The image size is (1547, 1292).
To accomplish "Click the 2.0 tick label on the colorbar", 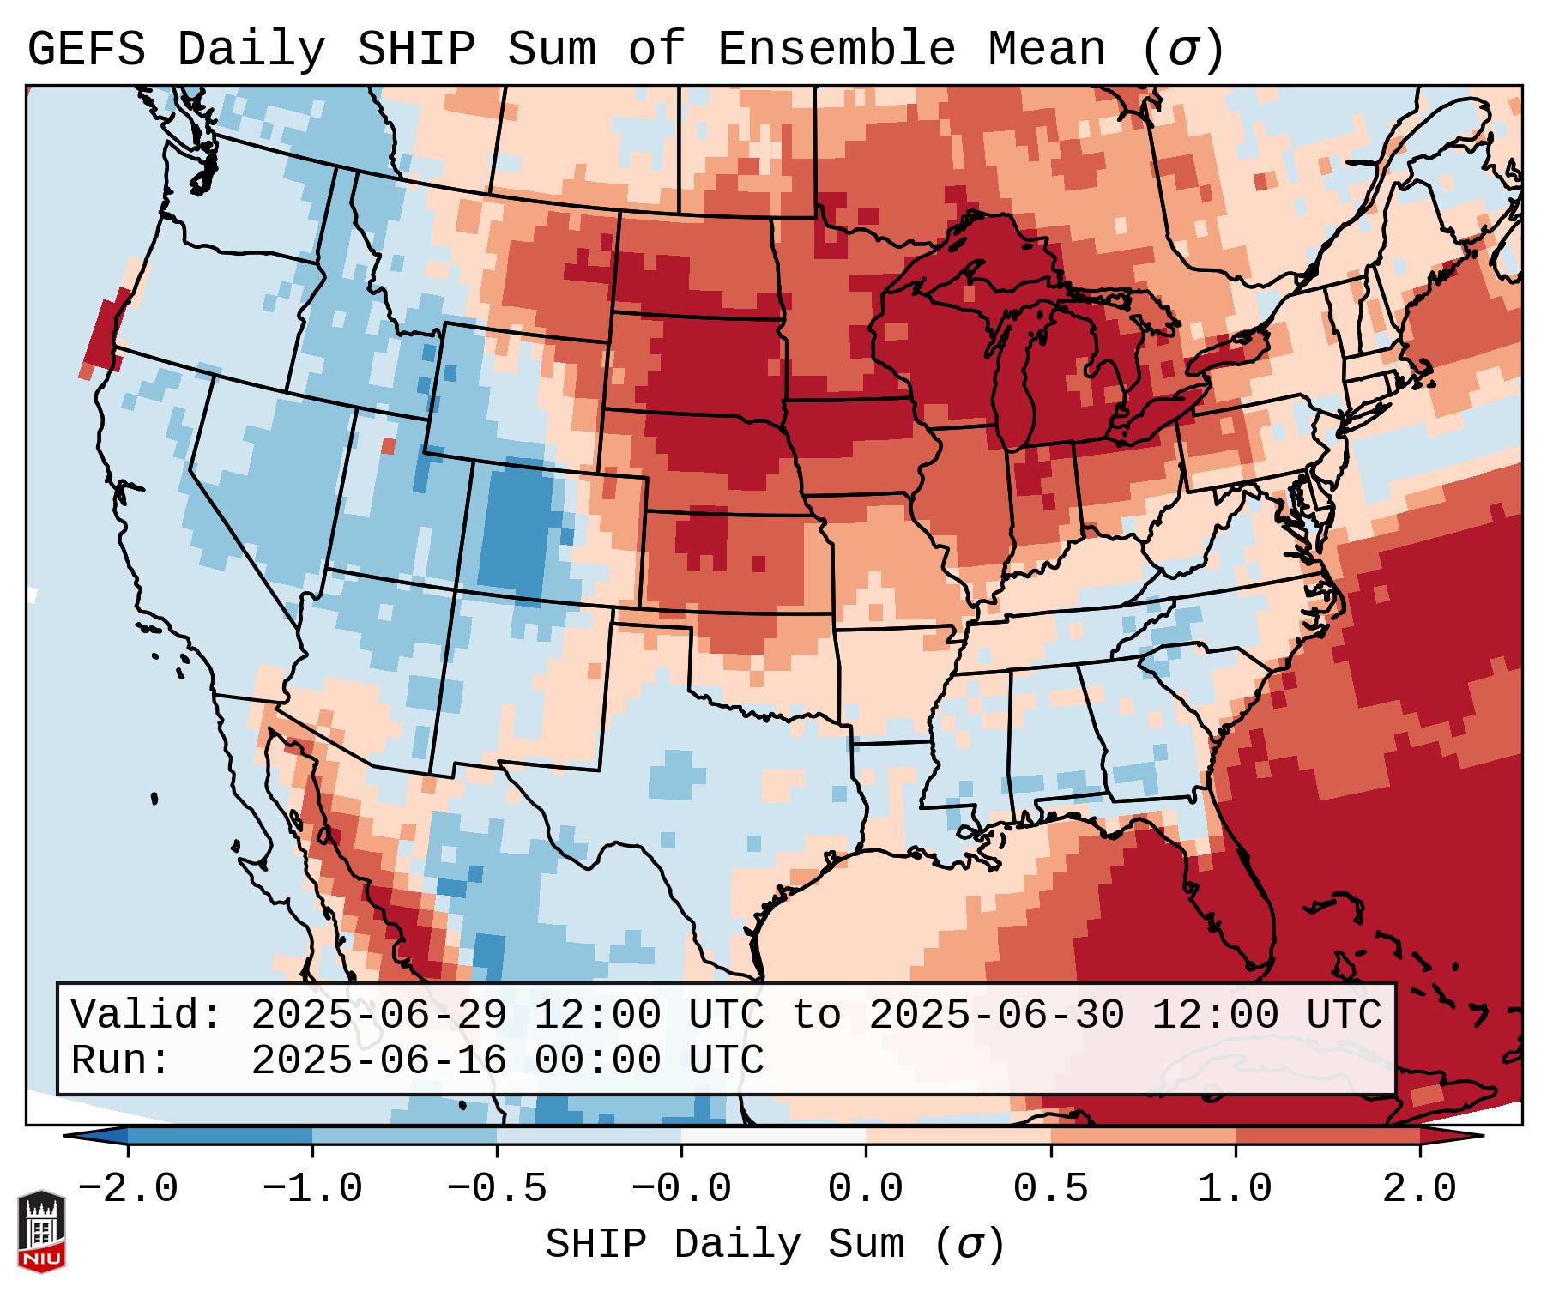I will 1419,1189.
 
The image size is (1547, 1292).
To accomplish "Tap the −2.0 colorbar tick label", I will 128,1189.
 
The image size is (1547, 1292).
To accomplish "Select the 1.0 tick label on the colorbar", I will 1235,1189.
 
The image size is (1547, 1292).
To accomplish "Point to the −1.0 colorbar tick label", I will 311,1189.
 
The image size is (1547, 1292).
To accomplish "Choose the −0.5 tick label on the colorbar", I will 497,1189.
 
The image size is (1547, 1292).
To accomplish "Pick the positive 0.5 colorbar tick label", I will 1050,1189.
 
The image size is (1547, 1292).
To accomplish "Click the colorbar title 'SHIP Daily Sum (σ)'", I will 774,1245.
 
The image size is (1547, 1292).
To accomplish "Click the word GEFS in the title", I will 86,50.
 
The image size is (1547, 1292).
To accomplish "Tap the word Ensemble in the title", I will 836,50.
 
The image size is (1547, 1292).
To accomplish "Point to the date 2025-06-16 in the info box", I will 378,1060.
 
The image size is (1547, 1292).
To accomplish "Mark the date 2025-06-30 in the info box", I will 996,1015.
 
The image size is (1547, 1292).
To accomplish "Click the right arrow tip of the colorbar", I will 1481,1137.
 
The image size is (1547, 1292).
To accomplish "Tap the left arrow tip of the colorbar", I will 67,1137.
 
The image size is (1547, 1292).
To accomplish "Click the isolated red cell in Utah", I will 389,446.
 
